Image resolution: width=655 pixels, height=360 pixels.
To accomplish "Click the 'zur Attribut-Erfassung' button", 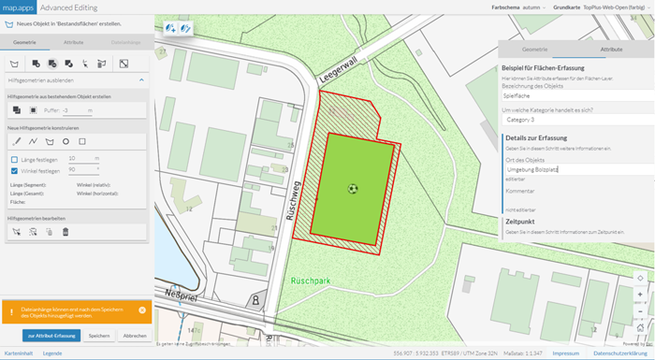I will (x=51, y=335).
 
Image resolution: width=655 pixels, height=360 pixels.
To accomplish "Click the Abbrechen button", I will (x=135, y=335).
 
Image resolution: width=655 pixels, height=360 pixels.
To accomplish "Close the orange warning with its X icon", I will (x=142, y=310).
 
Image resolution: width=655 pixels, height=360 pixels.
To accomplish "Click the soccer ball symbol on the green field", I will (x=352, y=188).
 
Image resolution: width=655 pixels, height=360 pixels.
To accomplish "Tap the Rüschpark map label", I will (x=312, y=279).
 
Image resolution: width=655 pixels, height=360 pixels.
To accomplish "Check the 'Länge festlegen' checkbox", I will (x=14, y=159).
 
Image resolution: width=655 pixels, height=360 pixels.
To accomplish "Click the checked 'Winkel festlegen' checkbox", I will (x=14, y=170).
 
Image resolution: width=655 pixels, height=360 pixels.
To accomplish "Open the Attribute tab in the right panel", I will (x=611, y=48).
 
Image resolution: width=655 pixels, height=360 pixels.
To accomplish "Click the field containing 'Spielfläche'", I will (x=572, y=95).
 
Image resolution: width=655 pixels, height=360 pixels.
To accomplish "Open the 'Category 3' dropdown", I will (x=572, y=120).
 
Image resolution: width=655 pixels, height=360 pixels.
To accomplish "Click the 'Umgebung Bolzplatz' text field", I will (x=572, y=169).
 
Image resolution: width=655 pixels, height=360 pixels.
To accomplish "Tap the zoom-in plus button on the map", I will (x=639, y=294).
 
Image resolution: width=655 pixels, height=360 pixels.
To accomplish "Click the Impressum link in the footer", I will (x=566, y=353).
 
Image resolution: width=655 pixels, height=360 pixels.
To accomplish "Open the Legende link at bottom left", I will (x=52, y=353).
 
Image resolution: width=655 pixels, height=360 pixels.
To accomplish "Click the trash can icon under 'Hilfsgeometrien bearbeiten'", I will (x=65, y=231).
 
